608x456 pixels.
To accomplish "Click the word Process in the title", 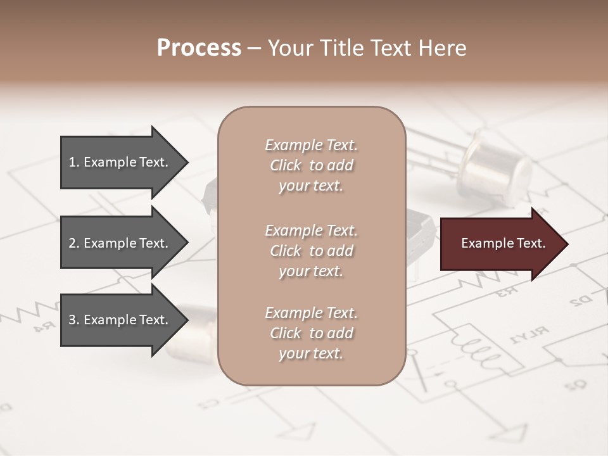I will pos(199,48).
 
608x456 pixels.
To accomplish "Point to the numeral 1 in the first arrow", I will pos(72,162).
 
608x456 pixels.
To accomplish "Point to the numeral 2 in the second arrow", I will pos(72,243).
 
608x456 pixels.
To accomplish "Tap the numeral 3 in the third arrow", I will pos(72,320).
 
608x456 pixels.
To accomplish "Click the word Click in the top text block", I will pos(286,165).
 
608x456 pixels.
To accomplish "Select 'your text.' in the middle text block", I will pos(311,271).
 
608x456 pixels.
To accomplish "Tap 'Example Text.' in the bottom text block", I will pos(311,313).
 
